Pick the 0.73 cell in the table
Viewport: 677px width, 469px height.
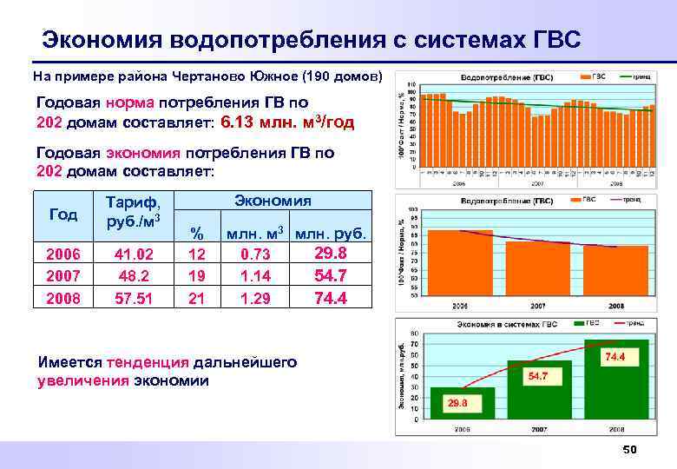pos(255,254)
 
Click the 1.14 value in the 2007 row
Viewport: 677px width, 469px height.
pos(255,276)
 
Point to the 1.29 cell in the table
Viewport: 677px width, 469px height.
pos(255,299)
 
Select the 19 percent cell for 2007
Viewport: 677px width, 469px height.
pos(197,276)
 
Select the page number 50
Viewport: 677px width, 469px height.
pos(629,449)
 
